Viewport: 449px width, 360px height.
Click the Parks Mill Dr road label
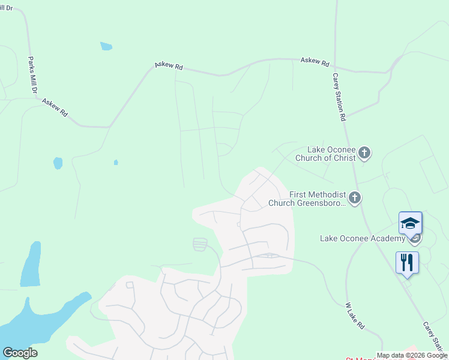[x=32, y=74]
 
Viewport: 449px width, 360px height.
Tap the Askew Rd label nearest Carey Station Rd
[x=315, y=61]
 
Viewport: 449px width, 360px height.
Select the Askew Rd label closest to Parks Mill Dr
[x=55, y=107]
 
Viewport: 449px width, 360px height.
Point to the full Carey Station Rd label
[x=339, y=97]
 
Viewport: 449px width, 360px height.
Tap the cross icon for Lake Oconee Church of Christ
[x=364, y=154]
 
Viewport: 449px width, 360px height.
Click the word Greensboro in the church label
[x=319, y=203]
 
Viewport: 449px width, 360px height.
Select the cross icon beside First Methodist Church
[x=355, y=197]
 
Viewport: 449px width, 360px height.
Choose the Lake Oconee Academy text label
[x=363, y=239]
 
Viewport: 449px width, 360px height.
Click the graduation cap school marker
[x=410, y=223]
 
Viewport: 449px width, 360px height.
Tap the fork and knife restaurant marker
[x=407, y=262]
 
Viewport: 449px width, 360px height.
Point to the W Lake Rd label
[x=355, y=316]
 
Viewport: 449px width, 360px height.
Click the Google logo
[x=20, y=353]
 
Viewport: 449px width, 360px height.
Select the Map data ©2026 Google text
[x=412, y=356]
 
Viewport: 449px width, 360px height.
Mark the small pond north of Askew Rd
[x=106, y=46]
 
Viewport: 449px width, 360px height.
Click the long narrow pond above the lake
[x=31, y=264]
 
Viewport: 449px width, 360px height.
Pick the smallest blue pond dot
[x=116, y=162]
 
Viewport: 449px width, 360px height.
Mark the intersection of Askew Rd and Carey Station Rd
[x=334, y=67]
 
